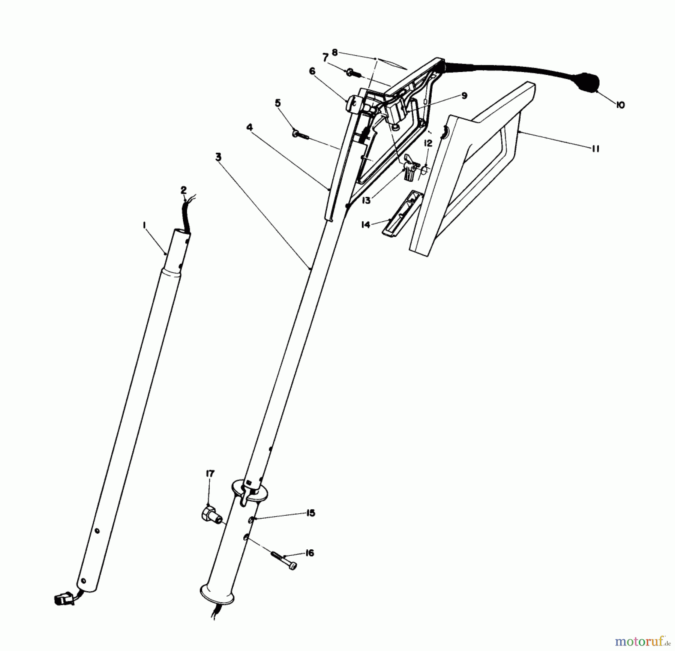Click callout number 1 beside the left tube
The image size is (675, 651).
coord(144,225)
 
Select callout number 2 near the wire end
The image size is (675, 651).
coord(183,190)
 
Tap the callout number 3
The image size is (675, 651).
coord(218,157)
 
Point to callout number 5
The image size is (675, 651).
coord(277,103)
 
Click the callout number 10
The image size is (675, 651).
coord(620,105)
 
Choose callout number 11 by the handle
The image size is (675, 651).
coord(595,149)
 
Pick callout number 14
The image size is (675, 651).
coord(366,225)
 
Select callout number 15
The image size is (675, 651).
coord(310,513)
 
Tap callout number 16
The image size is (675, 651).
coord(309,553)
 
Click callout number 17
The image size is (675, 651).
coord(210,474)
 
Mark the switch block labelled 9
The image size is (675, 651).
coord(397,111)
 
